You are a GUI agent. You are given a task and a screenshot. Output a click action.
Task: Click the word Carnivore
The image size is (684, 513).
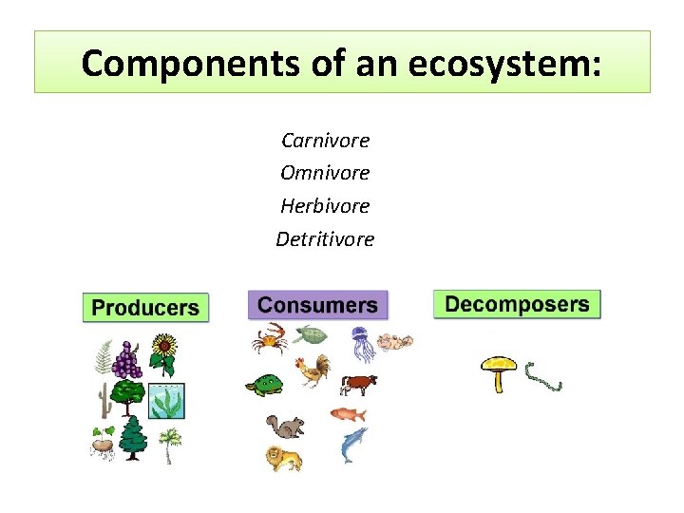[x=325, y=141]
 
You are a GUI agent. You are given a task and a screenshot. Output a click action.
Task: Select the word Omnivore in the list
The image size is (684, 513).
[x=325, y=173]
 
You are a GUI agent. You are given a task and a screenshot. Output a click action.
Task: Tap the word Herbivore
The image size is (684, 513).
[x=325, y=205]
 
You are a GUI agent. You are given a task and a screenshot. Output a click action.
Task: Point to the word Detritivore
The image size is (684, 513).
[x=325, y=238]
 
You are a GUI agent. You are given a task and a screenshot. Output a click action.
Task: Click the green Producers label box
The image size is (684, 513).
[x=145, y=307]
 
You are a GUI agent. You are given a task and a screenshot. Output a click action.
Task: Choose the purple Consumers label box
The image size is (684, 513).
[x=317, y=305]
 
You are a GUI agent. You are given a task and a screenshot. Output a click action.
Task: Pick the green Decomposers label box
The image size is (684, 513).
[x=517, y=304]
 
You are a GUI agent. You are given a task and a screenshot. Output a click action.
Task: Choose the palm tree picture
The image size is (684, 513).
[x=169, y=444]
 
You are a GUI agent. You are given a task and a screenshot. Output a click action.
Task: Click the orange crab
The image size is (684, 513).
[x=270, y=337]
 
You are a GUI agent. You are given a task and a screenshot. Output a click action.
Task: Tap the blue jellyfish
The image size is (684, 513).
[x=363, y=344]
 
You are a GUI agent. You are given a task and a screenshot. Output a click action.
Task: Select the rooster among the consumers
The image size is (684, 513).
[x=313, y=370]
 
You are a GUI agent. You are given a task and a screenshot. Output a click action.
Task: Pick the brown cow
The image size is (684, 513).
[x=358, y=384]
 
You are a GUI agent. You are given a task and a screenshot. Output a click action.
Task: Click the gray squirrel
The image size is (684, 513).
[x=284, y=426]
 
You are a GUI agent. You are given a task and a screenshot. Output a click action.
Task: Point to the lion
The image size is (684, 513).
[x=283, y=459]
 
